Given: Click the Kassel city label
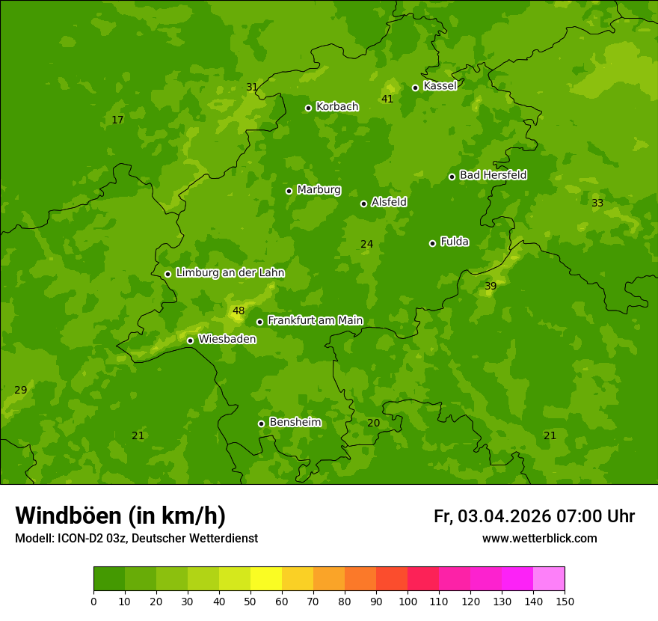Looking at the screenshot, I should coord(440,86).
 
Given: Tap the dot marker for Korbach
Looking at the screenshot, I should coord(308,108).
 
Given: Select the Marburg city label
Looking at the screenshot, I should coord(319,190).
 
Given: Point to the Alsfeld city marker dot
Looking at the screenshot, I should coord(363,204).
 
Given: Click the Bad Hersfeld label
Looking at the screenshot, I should coord(493,175).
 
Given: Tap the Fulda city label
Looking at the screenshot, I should coord(455,242).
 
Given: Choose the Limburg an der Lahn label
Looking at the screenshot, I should coord(230,273).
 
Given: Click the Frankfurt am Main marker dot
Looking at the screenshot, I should coord(259,322).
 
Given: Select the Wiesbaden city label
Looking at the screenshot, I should coord(227,340).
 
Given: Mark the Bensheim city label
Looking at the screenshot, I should coord(295,423).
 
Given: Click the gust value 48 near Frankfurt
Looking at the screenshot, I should coord(239,311).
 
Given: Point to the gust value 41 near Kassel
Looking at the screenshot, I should coord(387,100).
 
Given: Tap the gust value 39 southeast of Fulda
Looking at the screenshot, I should coord(491,287).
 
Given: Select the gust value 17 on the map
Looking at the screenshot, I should coord(117,120).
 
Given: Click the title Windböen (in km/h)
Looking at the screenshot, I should coord(120,516).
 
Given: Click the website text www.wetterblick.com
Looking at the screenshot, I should coord(539,539).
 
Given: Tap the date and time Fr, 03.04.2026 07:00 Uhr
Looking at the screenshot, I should coord(534,516).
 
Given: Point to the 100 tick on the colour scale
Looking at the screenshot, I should coord(408,601).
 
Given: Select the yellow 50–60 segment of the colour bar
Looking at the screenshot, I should coord(266,578).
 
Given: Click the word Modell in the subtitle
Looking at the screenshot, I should coord(33,539).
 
